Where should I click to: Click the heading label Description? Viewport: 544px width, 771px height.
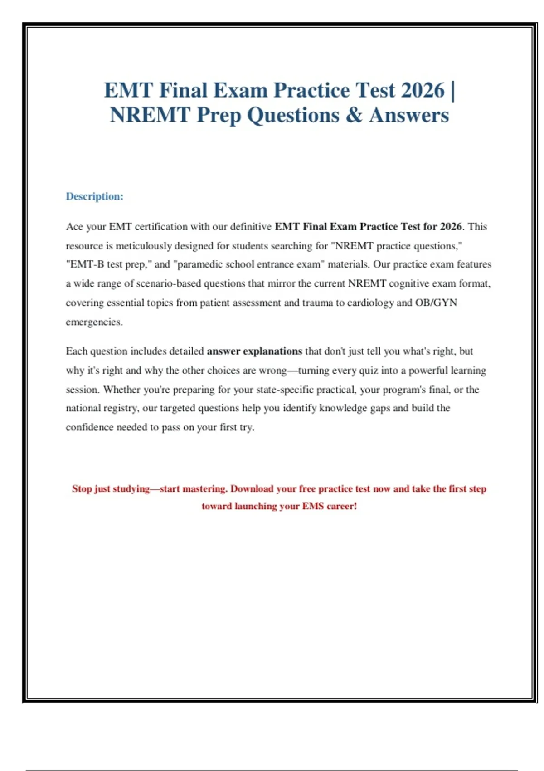click(94, 196)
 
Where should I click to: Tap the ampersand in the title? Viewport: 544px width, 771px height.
click(354, 115)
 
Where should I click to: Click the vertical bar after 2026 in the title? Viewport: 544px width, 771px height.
click(453, 90)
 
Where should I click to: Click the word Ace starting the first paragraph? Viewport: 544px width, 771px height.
click(74, 227)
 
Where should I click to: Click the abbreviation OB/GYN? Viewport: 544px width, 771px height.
click(436, 303)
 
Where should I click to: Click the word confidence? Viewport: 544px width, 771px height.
click(89, 427)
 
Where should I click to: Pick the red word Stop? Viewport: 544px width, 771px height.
click(82, 489)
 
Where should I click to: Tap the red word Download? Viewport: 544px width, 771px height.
click(252, 489)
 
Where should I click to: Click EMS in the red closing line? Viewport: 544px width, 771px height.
click(313, 506)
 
